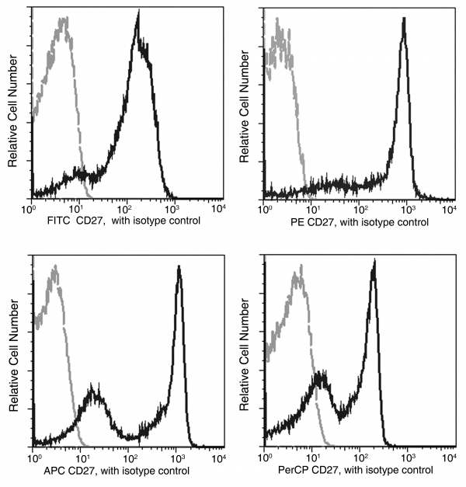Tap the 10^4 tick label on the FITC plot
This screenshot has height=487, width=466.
click(x=220, y=208)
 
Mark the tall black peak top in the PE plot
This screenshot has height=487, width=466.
click(x=404, y=20)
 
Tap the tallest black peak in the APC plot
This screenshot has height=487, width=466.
click(x=179, y=268)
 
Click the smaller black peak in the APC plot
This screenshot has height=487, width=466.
click(x=93, y=386)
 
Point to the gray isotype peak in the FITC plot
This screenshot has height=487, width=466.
click(x=62, y=19)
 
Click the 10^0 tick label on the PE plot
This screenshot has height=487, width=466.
click(x=266, y=208)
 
